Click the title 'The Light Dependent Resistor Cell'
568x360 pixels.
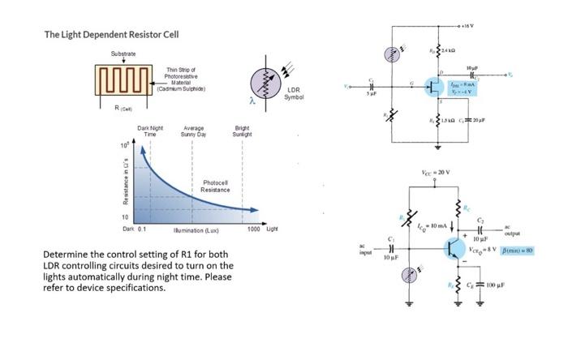tap(111, 35)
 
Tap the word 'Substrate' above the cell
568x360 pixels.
tap(123, 54)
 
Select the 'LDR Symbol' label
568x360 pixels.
tap(294, 93)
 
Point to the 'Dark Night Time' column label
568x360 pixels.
tap(150, 130)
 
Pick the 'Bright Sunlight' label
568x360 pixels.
tap(241, 130)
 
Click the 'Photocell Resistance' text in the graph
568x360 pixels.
tap(215, 186)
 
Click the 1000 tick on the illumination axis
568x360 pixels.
tap(253, 230)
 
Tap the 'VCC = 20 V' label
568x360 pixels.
tap(437, 173)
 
